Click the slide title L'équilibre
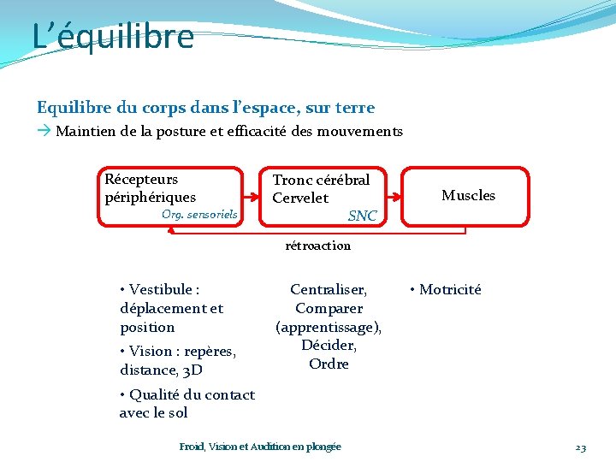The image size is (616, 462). [x=113, y=37]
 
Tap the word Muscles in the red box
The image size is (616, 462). [x=468, y=196]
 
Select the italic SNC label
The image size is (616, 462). [x=363, y=216]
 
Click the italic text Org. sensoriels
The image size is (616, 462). [x=199, y=214]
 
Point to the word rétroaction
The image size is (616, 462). [x=317, y=246]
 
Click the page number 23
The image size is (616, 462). [x=580, y=447]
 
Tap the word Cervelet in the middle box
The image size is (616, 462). [x=300, y=198]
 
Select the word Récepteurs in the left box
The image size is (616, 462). [x=141, y=180]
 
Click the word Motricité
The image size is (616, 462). [x=450, y=289]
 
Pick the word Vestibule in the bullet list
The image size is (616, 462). [x=162, y=290]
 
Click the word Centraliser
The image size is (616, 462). [x=329, y=290]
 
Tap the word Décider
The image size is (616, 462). [x=329, y=346]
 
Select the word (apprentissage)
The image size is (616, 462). [x=329, y=327]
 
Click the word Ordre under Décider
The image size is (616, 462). [x=329, y=364]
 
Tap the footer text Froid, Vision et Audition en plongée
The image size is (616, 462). [x=260, y=447]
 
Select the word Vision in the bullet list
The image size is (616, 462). [x=151, y=351]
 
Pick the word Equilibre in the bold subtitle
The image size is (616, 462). [x=73, y=108]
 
